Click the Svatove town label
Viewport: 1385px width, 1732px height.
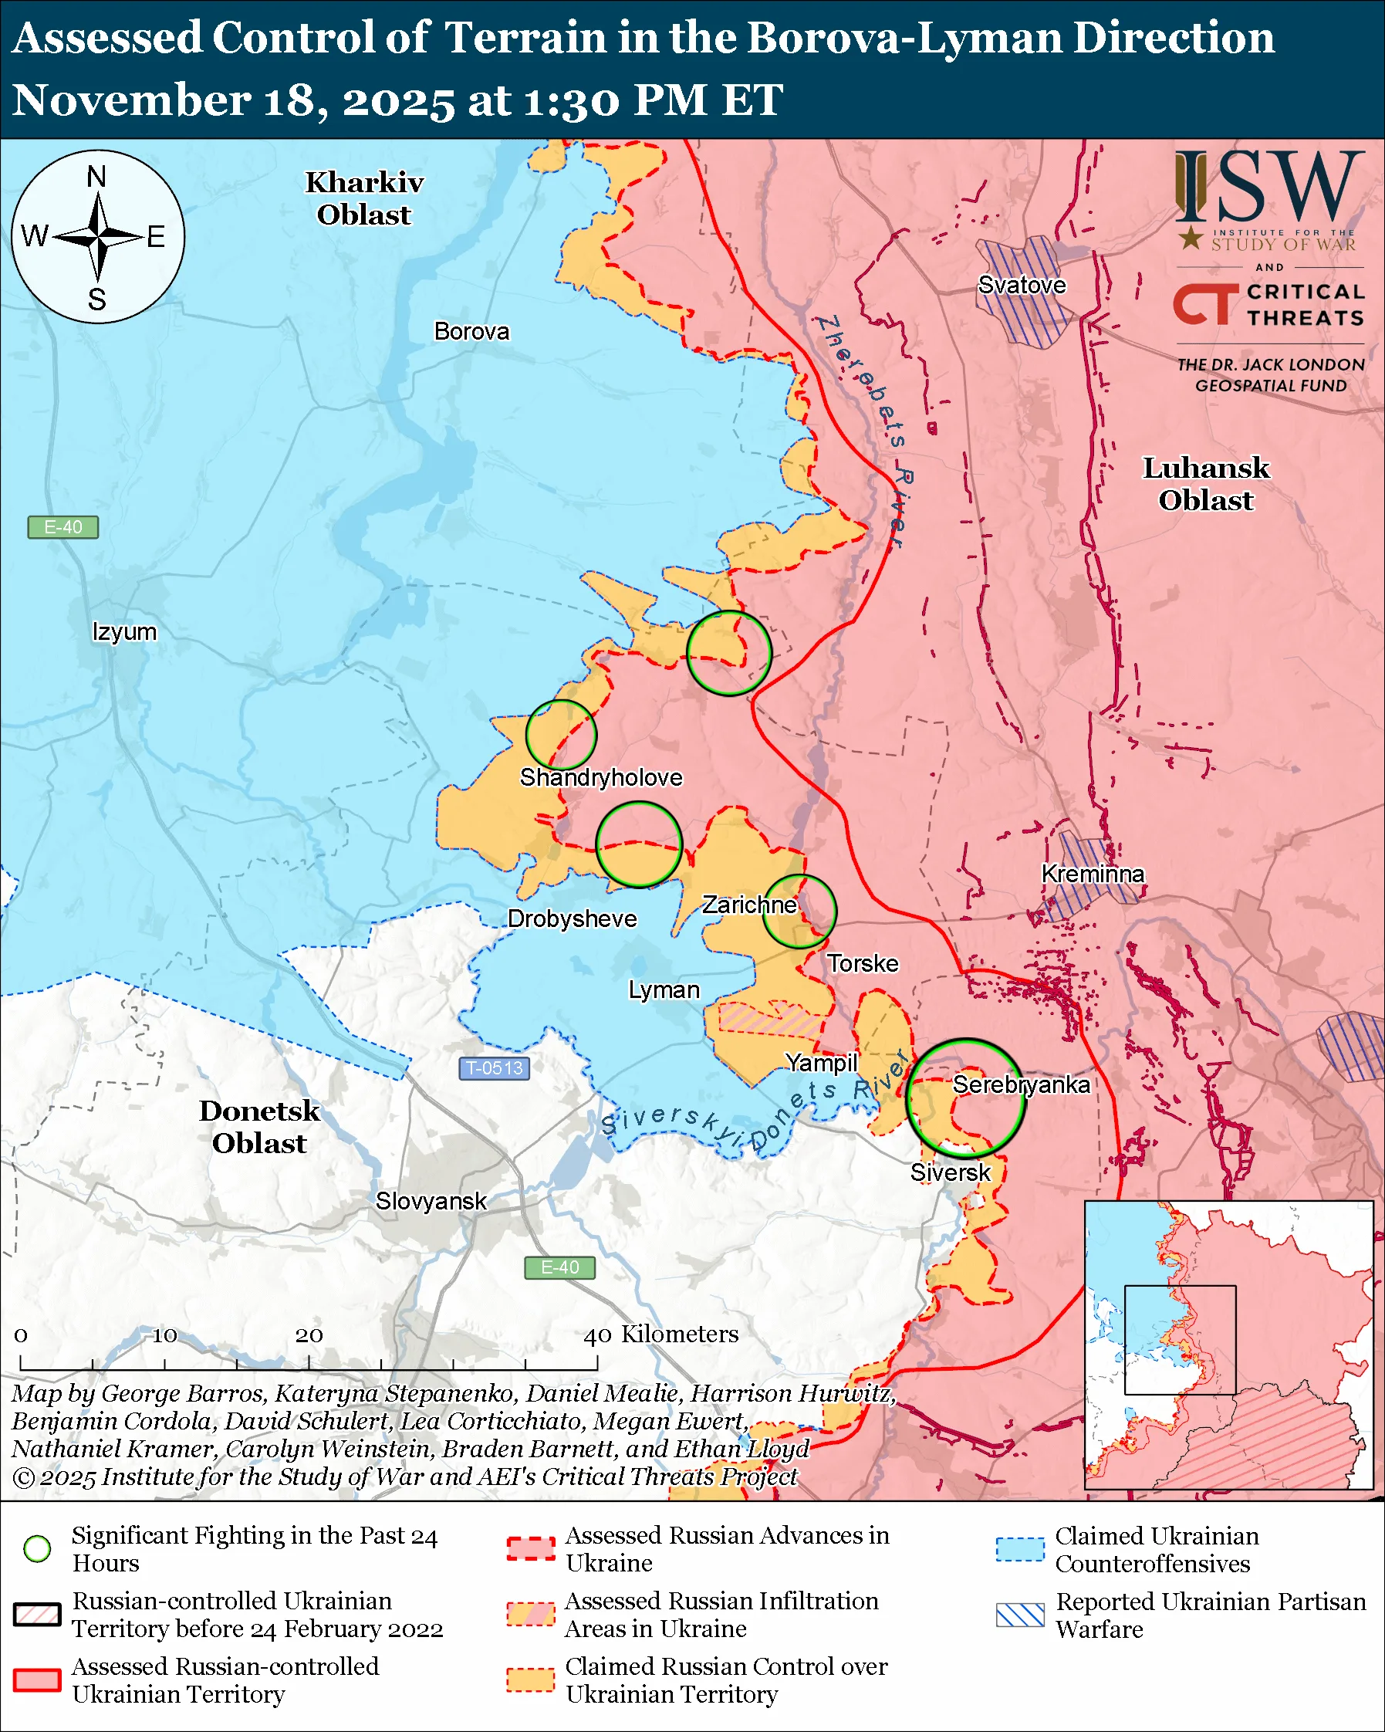pos(1022,285)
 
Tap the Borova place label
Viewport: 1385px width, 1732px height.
pos(471,332)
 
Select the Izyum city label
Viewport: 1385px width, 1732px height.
pos(124,631)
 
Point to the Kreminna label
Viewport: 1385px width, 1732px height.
pos(1092,874)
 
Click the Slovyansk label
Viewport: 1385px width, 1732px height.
pos(431,1201)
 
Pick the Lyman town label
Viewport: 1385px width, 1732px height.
pos(664,989)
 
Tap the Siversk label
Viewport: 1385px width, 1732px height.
pos(950,1172)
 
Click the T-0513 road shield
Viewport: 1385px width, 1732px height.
pos(494,1068)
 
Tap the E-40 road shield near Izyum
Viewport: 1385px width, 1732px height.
pos(62,527)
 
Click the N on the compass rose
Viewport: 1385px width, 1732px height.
pos(96,177)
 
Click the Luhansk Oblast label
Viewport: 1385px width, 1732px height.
pos(1205,484)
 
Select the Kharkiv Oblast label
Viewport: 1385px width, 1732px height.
pos(363,198)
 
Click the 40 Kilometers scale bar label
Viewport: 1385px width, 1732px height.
pos(660,1335)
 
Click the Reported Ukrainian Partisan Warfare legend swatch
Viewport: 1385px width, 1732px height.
pos(1020,1615)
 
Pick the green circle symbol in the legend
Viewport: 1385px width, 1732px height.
pos(37,1549)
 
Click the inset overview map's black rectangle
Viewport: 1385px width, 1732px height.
pos(1180,1340)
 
